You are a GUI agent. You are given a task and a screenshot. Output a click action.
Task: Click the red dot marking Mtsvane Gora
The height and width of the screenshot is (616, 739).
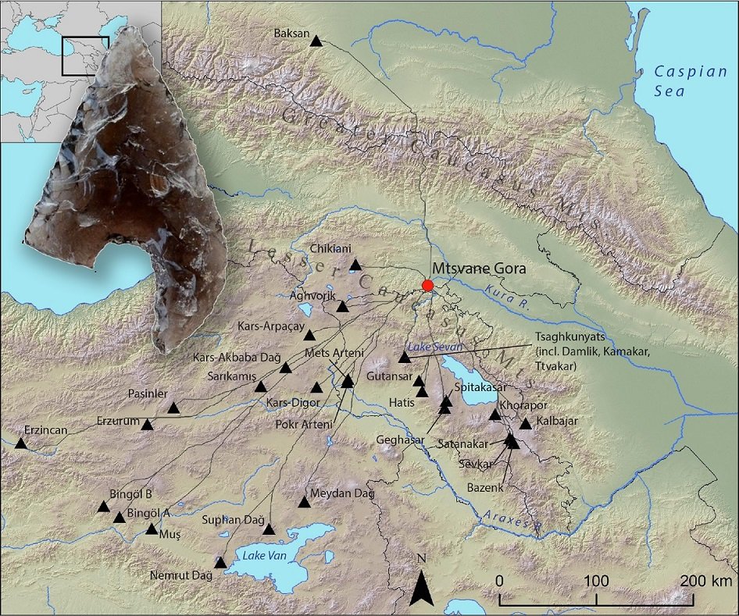427,285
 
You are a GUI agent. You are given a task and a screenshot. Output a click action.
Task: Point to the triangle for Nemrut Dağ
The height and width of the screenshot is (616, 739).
220,563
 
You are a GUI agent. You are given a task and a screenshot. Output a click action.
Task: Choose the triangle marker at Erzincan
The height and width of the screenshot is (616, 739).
20,443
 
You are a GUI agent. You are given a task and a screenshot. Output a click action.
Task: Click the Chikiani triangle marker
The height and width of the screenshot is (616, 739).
355,265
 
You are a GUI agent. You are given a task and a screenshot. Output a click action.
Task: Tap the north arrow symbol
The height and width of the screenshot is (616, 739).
421,586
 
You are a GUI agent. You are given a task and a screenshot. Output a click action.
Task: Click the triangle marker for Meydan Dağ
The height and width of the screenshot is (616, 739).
304,502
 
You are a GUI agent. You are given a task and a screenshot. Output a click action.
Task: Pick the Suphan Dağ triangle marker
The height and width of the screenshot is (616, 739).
269,529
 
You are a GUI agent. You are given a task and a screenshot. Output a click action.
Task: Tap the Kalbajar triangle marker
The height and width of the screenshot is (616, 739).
525,424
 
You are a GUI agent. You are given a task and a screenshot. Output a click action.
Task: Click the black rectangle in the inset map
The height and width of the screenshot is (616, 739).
85,55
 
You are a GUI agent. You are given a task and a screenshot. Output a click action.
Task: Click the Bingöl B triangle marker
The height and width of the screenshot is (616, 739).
103,507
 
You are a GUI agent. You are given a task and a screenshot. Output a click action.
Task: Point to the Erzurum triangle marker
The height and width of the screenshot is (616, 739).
146,423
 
